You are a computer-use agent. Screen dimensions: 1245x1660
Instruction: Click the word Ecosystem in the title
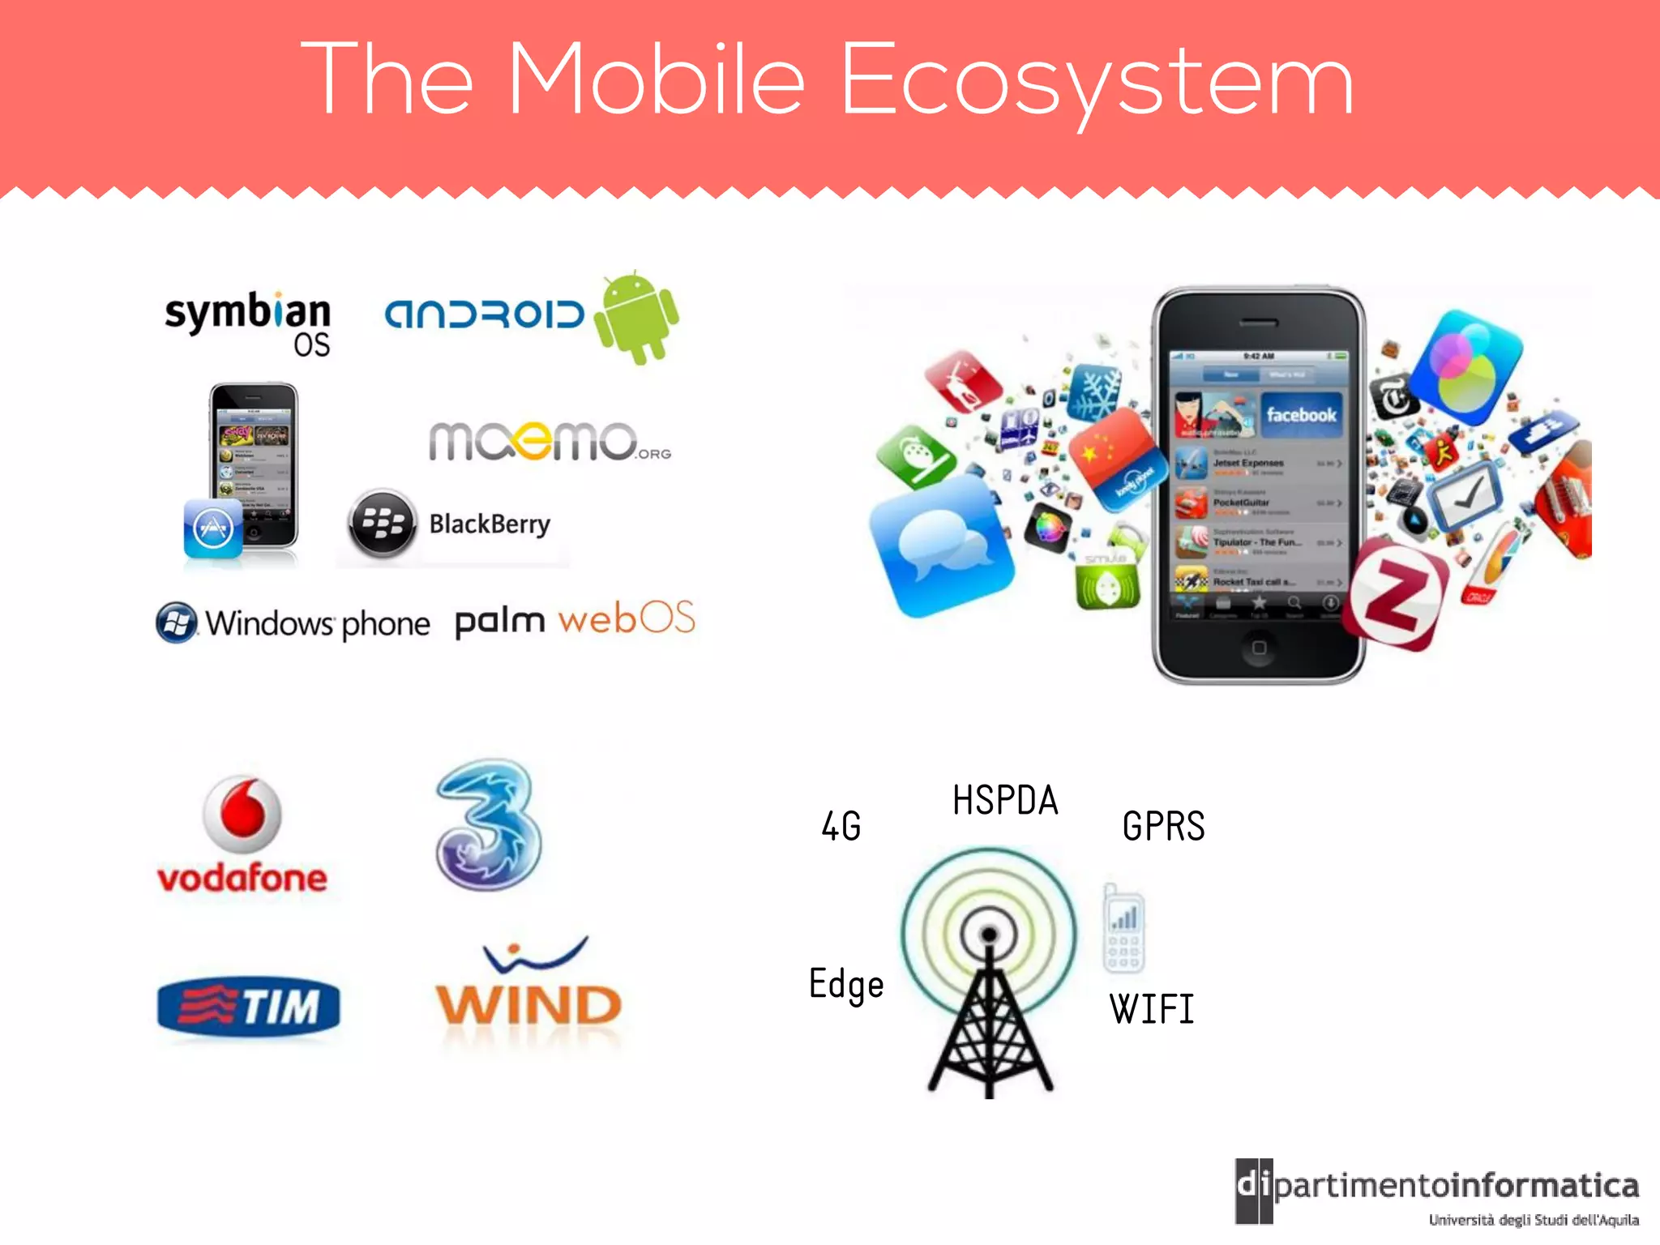click(x=1097, y=79)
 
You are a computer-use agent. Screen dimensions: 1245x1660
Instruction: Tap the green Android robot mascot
click(x=636, y=318)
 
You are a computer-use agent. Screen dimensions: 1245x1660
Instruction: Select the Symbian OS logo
click(x=248, y=323)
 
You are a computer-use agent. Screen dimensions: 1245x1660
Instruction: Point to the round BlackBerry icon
click(x=383, y=524)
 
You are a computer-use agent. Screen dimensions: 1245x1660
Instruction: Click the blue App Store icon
click(x=213, y=529)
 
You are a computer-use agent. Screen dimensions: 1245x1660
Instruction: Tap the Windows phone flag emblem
click(x=177, y=622)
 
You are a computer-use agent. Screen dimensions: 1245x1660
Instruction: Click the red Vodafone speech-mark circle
click(x=242, y=813)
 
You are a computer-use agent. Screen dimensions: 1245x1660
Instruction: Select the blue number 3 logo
click(x=488, y=824)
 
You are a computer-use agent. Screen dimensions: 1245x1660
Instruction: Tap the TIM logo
click(x=249, y=1007)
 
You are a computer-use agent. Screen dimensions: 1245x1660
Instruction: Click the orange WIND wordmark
click(x=528, y=1006)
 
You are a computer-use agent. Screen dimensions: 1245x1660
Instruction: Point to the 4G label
click(x=841, y=826)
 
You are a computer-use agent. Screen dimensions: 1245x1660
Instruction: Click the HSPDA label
click(x=1005, y=800)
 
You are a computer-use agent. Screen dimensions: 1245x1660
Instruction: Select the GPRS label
click(x=1163, y=826)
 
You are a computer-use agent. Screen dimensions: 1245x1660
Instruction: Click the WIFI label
click(x=1152, y=1009)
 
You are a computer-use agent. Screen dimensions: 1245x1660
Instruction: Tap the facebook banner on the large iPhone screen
click(x=1301, y=415)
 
